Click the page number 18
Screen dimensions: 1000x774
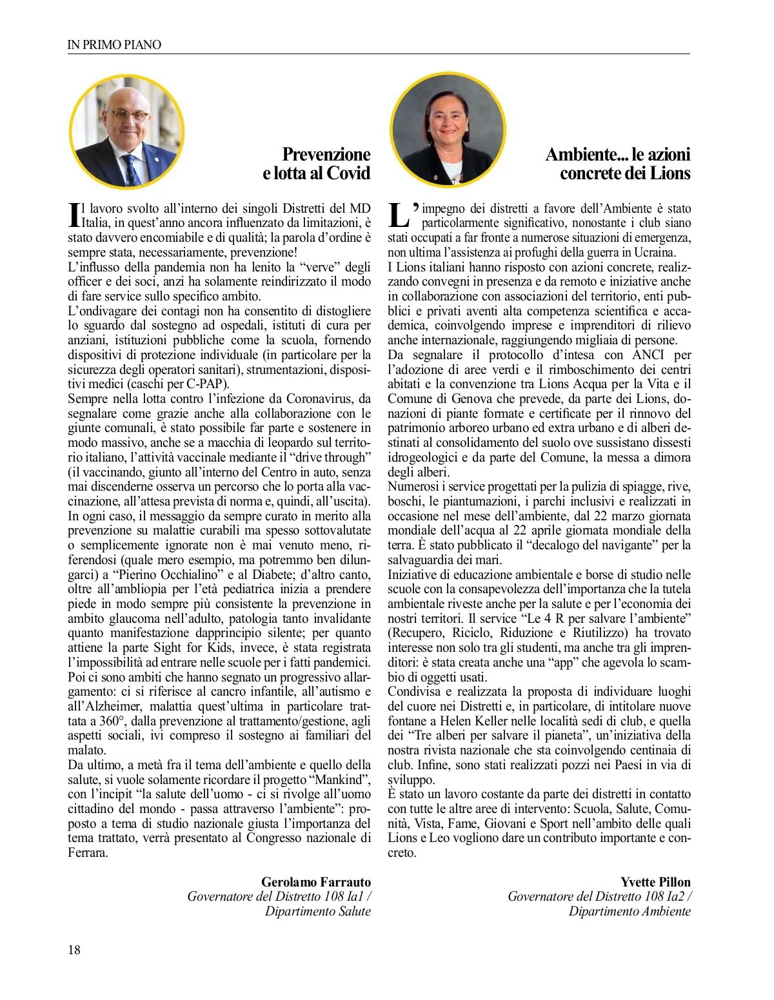pos(74,949)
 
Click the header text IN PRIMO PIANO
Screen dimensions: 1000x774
pos(114,44)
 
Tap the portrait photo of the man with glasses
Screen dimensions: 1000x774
pos(127,131)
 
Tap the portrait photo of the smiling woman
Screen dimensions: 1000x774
pos(448,129)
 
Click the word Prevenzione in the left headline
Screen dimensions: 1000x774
pos(326,154)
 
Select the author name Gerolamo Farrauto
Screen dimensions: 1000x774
pos(316,881)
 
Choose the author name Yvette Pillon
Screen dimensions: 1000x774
pos(655,881)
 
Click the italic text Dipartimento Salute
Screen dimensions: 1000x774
pos(317,911)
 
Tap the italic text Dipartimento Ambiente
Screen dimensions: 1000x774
pos(629,911)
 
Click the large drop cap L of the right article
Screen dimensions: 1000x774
pos(399,215)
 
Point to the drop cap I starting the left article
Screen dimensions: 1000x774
pos(74,215)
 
